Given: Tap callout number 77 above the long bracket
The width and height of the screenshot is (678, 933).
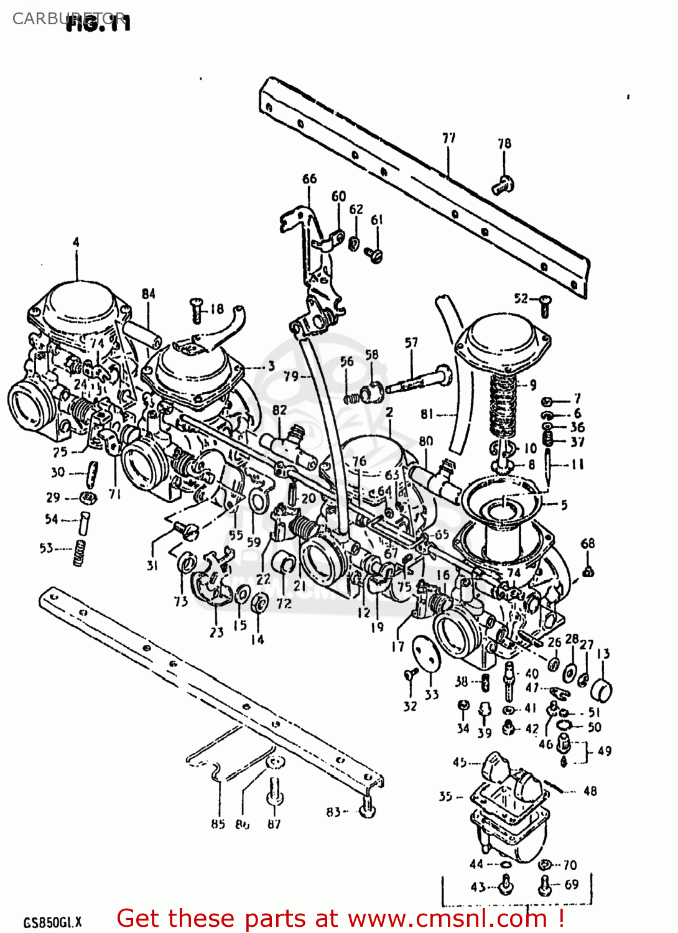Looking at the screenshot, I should pos(448,138).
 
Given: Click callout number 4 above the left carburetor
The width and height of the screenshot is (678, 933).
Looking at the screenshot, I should pos(76,242).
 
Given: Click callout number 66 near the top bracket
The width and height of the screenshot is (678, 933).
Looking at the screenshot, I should pos(309,179).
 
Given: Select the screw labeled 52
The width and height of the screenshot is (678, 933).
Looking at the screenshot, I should pos(545,305).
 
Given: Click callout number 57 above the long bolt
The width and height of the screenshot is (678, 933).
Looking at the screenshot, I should pos(411,343).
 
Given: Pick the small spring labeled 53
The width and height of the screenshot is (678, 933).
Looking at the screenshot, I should pos(79,552).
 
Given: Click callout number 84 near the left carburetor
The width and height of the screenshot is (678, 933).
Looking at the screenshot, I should pos(148,294).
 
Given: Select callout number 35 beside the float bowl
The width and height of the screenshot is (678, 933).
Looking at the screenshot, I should pos(445,796).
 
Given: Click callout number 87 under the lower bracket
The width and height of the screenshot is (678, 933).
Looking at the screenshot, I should pos(274,824).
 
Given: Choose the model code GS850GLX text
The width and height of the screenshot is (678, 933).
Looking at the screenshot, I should pos(52,922).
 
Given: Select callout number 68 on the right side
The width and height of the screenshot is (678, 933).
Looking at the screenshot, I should pos(587,544).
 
